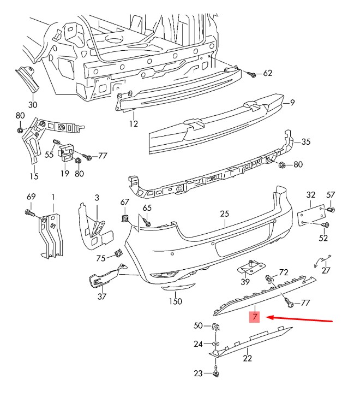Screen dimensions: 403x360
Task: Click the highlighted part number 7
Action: (255, 317)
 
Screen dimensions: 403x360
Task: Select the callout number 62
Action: (267, 73)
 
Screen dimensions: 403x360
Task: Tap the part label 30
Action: (33, 104)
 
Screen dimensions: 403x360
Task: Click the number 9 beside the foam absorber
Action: (292, 102)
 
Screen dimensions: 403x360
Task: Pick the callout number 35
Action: (305, 142)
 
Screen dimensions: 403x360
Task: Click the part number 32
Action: (311, 195)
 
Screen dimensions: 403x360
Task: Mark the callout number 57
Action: (331, 195)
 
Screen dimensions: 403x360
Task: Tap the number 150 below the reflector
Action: (175, 301)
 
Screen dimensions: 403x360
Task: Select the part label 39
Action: (245, 282)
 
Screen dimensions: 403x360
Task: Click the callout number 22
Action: (248, 358)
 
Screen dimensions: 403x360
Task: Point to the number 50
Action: (198, 326)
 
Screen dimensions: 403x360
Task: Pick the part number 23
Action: (198, 374)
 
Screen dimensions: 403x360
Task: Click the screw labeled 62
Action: (253, 74)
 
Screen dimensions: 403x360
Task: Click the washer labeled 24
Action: (215, 344)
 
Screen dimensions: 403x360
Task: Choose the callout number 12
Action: (134, 124)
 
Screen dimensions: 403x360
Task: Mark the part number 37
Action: (102, 297)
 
